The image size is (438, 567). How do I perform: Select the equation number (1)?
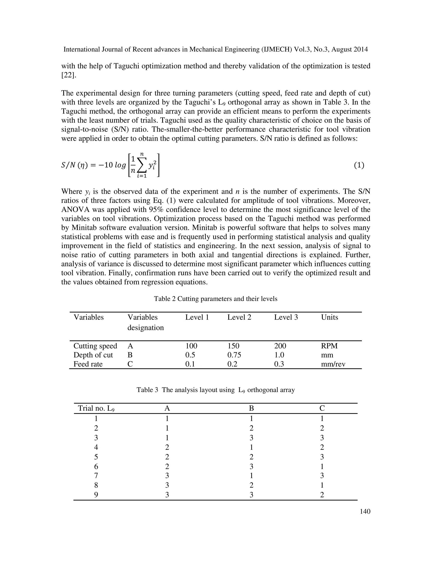(x=359, y=165)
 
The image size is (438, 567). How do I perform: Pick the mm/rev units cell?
(x=333, y=364)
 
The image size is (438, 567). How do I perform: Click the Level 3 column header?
(x=286, y=317)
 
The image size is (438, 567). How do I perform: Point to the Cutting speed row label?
(x=95, y=346)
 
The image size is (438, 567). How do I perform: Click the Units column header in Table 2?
(x=329, y=317)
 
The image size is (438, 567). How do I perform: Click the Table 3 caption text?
(x=215, y=390)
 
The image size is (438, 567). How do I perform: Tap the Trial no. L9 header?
(x=96, y=408)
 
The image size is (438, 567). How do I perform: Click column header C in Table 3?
(x=322, y=408)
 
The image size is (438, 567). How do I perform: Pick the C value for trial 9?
(x=322, y=495)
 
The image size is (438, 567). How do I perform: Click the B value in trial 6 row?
(x=251, y=466)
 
